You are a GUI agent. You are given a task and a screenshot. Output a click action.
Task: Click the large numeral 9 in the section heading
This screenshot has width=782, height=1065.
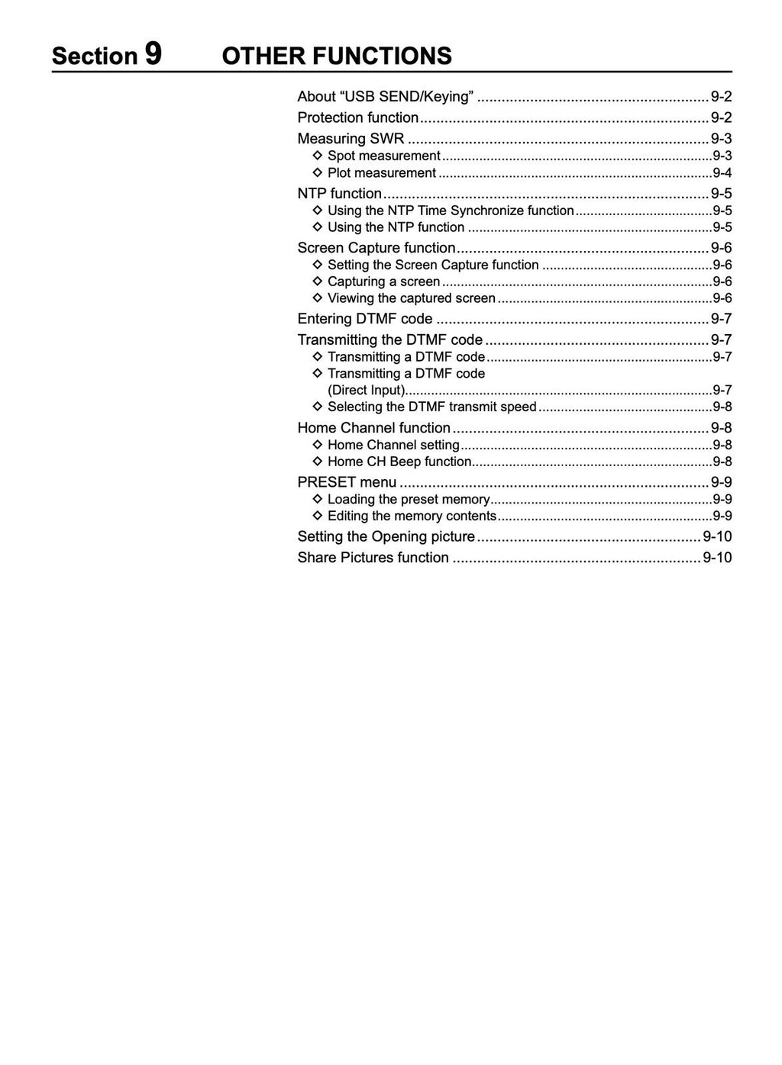tap(152, 54)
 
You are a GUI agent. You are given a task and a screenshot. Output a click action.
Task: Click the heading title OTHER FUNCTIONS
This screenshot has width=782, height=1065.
tap(336, 56)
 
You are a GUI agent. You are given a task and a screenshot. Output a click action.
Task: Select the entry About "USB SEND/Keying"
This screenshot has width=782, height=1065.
tap(386, 96)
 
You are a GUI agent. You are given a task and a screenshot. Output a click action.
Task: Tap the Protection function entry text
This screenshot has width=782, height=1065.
tap(358, 117)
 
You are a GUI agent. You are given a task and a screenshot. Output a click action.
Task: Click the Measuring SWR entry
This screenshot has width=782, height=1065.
tap(351, 138)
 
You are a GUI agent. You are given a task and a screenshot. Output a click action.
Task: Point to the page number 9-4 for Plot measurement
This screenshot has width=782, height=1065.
tap(722, 173)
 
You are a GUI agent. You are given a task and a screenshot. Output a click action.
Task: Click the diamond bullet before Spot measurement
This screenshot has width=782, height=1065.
tap(318, 156)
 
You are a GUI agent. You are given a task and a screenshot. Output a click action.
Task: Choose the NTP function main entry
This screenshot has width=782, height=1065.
tap(339, 193)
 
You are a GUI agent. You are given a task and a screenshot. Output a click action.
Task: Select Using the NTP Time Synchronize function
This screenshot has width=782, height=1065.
tap(451, 211)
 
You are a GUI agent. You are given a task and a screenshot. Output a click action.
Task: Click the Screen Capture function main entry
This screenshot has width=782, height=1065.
tap(376, 248)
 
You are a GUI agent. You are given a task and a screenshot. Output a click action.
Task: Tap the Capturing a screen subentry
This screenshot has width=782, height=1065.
tap(383, 282)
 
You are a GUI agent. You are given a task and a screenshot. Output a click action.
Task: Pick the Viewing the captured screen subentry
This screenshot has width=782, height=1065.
tap(411, 298)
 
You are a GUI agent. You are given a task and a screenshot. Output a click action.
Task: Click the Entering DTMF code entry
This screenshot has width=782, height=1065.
tap(365, 319)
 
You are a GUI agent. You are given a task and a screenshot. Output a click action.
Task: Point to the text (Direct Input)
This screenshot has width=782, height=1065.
tap(366, 391)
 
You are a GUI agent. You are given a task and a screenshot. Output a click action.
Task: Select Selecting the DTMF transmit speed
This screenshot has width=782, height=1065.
tap(431, 407)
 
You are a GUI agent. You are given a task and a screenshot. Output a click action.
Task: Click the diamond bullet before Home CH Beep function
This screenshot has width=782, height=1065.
tap(318, 462)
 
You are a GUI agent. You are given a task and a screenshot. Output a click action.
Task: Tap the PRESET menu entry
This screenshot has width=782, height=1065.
tap(347, 482)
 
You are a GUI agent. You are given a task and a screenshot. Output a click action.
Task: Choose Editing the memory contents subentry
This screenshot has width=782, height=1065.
tap(412, 516)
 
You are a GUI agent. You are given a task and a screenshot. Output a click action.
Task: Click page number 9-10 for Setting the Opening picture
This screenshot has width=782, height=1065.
tap(717, 536)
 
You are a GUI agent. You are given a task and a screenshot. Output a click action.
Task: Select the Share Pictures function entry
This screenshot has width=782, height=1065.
tap(373, 558)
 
